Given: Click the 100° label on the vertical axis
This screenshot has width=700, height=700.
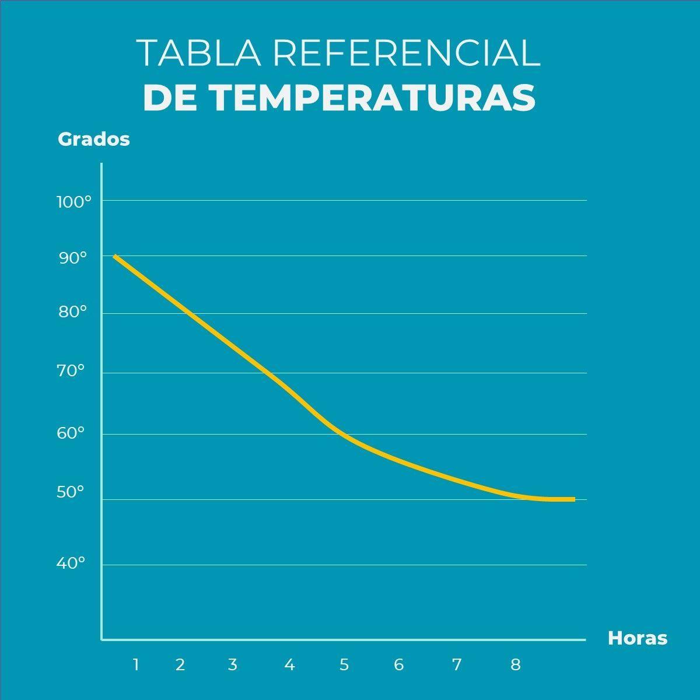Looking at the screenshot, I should click(74, 202).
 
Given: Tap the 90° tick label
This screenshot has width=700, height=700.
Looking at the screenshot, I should click(73, 258).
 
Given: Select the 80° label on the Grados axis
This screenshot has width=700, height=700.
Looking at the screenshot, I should click(73, 312).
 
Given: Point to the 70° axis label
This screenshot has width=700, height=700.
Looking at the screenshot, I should click(72, 370).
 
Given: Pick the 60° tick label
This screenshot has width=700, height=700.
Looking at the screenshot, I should click(72, 433).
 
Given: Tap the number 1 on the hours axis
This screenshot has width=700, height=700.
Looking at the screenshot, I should click(136, 664).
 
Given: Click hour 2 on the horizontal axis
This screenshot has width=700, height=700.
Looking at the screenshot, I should click(180, 664).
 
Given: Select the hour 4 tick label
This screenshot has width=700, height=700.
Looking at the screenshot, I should click(290, 664).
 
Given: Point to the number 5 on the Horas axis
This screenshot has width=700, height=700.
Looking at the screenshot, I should click(344, 664).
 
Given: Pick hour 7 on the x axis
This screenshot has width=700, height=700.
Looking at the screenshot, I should click(457, 664).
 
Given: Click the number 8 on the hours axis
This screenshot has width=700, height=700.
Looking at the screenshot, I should click(516, 664).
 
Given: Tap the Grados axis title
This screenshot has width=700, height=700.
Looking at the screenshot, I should click(94, 139).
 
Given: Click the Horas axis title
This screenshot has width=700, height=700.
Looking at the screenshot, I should click(637, 638).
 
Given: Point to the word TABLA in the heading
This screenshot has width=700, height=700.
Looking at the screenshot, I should click(199, 54).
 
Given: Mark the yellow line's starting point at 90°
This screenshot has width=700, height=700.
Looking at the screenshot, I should click(115, 256).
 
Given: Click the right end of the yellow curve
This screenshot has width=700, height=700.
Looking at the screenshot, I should click(574, 499).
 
